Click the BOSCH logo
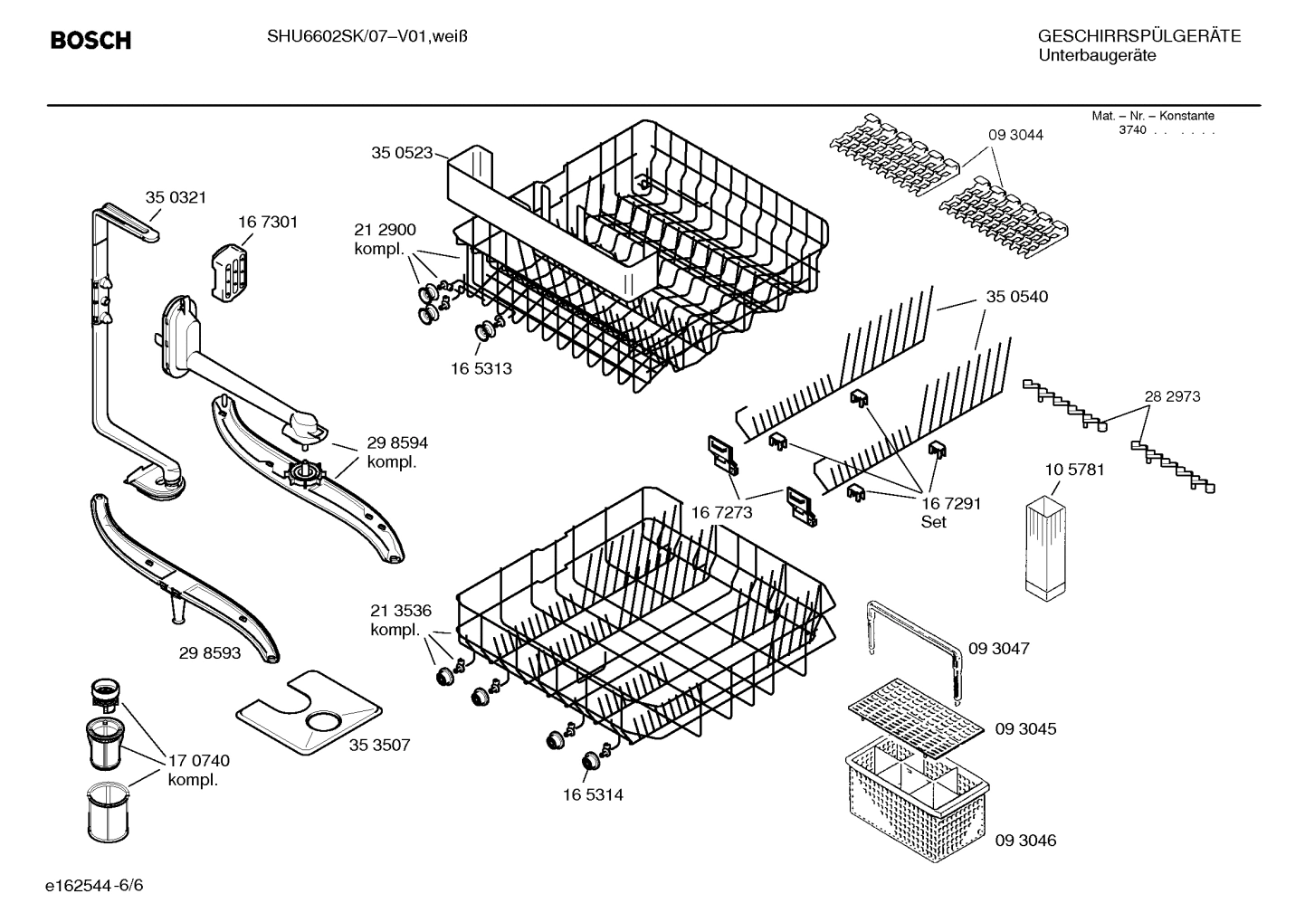(90, 41)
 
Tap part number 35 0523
(402, 153)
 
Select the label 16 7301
(268, 222)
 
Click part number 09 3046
(1025, 841)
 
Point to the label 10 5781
(1074, 470)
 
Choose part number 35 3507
(379, 745)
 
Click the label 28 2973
(1172, 396)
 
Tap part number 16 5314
(593, 794)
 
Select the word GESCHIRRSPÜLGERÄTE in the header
(1138, 37)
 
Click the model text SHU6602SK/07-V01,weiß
(367, 36)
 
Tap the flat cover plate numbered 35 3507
(307, 714)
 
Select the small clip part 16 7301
(230, 271)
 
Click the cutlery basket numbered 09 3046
(914, 801)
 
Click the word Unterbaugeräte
(1096, 56)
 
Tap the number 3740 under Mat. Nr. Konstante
(1131, 130)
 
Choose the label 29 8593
(210, 651)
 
